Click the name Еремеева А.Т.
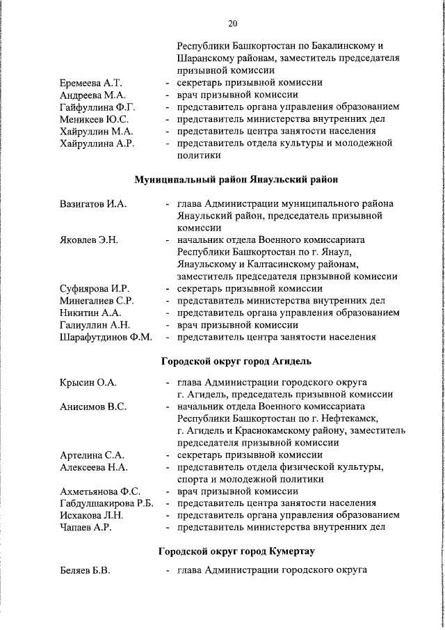click(90, 83)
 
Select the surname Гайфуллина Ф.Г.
click(97, 107)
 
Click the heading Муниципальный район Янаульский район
click(236, 180)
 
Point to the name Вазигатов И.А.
click(93, 204)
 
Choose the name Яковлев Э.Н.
click(89, 240)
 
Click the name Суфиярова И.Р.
click(95, 288)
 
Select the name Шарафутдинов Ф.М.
click(106, 337)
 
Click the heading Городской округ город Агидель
click(236, 361)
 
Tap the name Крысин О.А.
click(88, 382)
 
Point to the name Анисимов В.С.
click(93, 406)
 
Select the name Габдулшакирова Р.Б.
click(106, 503)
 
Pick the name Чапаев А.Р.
click(86, 527)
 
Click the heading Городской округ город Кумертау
click(236, 551)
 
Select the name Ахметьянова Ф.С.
click(100, 491)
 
